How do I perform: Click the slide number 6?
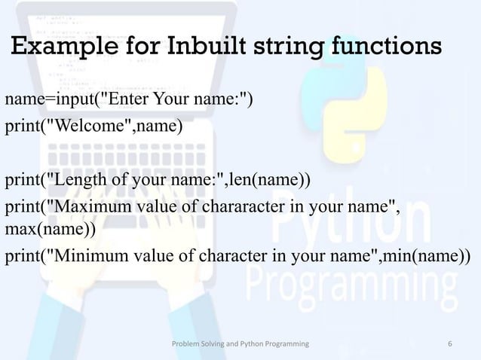point(450,344)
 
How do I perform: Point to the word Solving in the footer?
point(214,344)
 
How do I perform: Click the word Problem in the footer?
point(185,344)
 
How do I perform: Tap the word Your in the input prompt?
point(170,99)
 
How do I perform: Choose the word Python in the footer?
point(256,344)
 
